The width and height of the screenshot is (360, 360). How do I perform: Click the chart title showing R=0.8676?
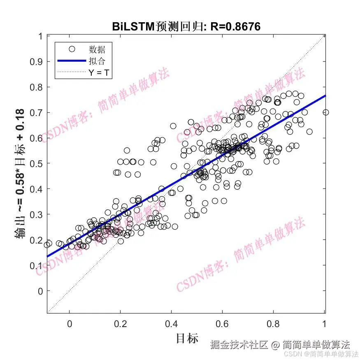coord(186,27)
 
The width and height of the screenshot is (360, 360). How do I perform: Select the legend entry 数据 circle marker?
coord(72,49)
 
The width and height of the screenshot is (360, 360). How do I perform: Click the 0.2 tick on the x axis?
coord(121,324)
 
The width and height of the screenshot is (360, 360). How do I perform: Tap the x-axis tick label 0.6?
coord(223,324)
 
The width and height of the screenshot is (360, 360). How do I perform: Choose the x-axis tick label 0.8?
coord(274,324)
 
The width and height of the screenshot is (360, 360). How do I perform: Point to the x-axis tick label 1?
coord(325,324)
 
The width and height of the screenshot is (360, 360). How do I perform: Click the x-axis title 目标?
coord(187,338)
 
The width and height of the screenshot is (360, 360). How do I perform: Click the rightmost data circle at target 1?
coord(326,112)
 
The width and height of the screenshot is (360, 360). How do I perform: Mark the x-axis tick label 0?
coord(70,324)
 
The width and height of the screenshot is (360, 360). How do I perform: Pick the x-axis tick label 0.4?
coord(172,324)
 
